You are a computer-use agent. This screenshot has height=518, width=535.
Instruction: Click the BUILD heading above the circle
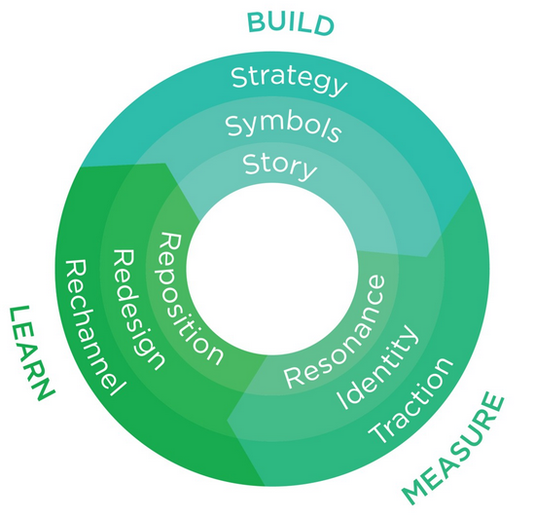click(290, 23)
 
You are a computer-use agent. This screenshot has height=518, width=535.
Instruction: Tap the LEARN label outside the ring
click(31, 353)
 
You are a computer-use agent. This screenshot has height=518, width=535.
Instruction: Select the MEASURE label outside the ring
click(453, 448)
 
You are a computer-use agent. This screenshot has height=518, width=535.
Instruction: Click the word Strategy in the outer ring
click(289, 80)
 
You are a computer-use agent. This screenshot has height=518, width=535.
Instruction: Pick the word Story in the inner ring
click(280, 166)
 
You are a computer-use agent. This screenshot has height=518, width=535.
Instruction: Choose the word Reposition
click(190, 298)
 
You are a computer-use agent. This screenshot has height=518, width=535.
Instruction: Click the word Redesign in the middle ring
click(138, 309)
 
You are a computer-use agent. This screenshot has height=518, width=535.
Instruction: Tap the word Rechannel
click(94, 327)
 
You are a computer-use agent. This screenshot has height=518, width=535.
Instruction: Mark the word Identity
click(377, 366)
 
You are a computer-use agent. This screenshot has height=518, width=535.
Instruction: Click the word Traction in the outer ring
click(410, 400)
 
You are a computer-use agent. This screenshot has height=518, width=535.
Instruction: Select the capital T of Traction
click(379, 432)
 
